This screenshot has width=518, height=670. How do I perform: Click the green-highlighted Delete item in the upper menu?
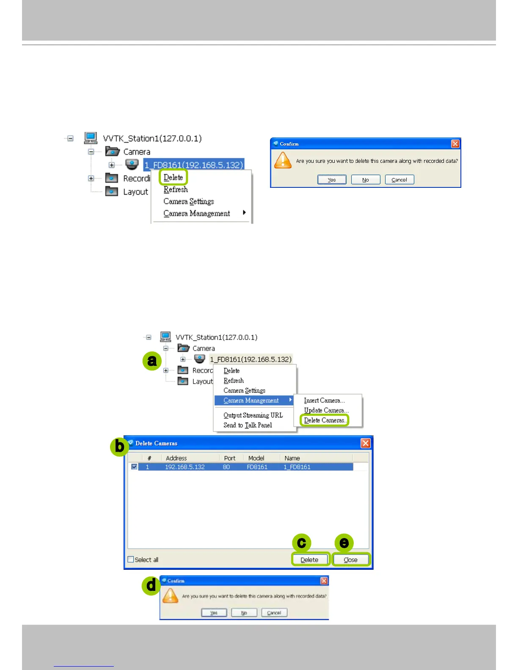pyautogui.click(x=173, y=178)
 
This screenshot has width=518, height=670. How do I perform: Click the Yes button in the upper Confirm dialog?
pyautogui.click(x=332, y=180)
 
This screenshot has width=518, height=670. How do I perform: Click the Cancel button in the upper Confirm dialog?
pyautogui.click(x=400, y=180)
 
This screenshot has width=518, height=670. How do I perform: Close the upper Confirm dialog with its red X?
pyautogui.click(x=455, y=144)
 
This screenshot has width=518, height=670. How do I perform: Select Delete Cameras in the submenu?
pyautogui.click(x=324, y=420)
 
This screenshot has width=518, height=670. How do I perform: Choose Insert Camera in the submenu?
pyautogui.click(x=324, y=401)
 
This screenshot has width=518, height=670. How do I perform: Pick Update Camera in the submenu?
pyautogui.click(x=326, y=410)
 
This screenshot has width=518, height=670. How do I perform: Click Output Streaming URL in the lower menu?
pyautogui.click(x=253, y=415)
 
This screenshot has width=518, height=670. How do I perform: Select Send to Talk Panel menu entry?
pyautogui.click(x=248, y=425)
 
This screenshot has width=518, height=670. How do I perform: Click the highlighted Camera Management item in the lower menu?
pyautogui.click(x=251, y=401)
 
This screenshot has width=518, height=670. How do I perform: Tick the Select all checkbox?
pyautogui.click(x=131, y=560)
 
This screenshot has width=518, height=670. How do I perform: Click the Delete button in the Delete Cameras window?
pyautogui.click(x=309, y=560)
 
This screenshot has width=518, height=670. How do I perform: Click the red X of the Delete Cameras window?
pyautogui.click(x=366, y=443)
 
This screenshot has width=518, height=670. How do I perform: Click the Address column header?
pyautogui.click(x=176, y=458)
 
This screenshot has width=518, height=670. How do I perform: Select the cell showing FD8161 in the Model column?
pyautogui.click(x=257, y=467)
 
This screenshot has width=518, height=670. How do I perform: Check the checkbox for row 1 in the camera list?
pyautogui.click(x=134, y=467)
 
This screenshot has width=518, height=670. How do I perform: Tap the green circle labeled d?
pyautogui.click(x=151, y=586)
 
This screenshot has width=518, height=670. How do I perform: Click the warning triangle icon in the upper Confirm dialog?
pyautogui.click(x=283, y=161)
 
